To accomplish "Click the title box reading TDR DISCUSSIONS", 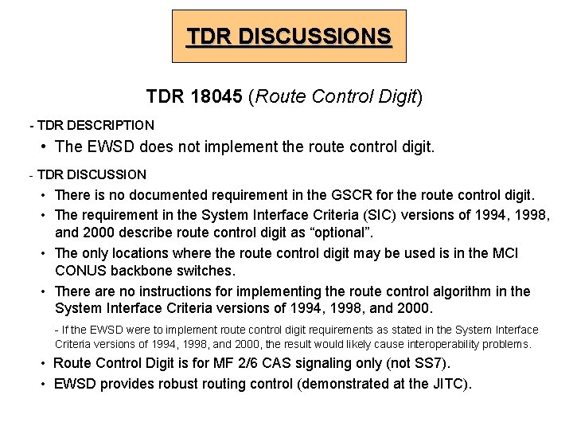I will pyautogui.click(x=289, y=37).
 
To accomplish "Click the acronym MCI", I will pyautogui.click(x=504, y=253).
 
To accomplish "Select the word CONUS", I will pyautogui.click(x=80, y=271).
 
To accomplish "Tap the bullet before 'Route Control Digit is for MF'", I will pyautogui.click(x=45, y=364).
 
